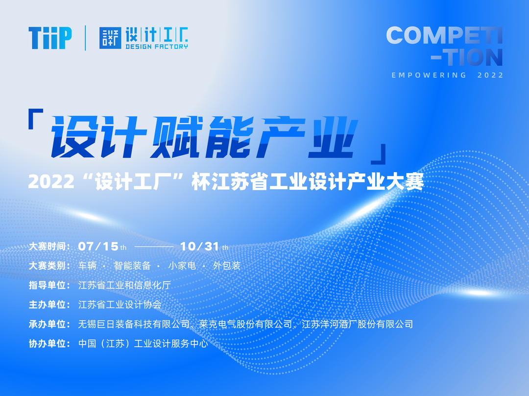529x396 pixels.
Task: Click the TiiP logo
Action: tap(50, 38)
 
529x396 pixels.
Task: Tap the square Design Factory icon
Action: tap(110, 38)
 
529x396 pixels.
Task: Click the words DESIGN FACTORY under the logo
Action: tap(157, 46)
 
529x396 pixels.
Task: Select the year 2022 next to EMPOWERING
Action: tap(490, 75)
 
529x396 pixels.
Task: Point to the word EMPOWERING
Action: tap(429, 75)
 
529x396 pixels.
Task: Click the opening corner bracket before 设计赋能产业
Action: tap(36, 119)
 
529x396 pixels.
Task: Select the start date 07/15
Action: tap(98, 246)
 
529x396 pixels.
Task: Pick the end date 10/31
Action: tap(200, 246)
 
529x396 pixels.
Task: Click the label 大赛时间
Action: tap(47, 246)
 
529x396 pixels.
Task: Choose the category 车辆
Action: tap(87, 265)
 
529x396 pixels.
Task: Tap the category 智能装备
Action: tap(132, 265)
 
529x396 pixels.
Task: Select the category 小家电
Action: tap(182, 265)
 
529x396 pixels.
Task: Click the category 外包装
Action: tap(227, 265)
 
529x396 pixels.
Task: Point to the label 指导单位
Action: tap(47, 285)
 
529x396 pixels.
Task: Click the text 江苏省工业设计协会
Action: tap(120, 305)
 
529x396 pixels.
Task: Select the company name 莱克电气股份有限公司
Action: tap(245, 324)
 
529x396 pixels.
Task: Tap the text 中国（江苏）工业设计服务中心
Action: tap(143, 344)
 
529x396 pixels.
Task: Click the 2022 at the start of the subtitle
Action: tap(51, 182)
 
